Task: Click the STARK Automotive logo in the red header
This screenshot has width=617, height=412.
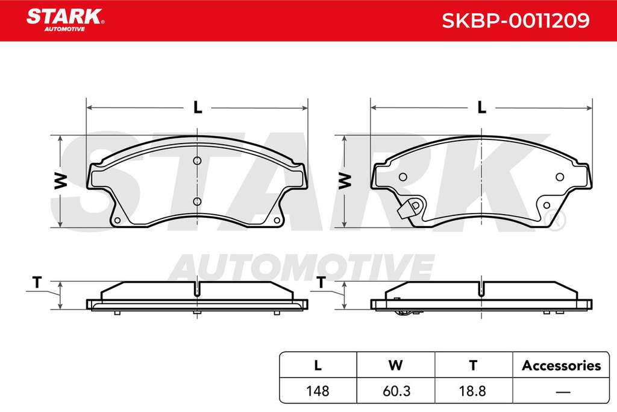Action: click(x=65, y=20)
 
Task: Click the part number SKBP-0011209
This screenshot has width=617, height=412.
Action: click(x=516, y=21)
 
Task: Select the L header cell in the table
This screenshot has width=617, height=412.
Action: click(x=318, y=365)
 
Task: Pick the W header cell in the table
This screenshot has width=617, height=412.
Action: click(x=395, y=365)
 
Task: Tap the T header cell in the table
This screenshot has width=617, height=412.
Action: click(x=474, y=365)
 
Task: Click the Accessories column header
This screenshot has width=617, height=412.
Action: click(x=561, y=366)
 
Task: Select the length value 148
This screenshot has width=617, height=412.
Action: click(x=318, y=391)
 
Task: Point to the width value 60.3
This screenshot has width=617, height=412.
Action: click(x=396, y=391)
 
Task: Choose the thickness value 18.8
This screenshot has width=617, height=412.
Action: click(x=472, y=391)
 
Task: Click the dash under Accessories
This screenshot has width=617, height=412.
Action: click(x=563, y=392)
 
